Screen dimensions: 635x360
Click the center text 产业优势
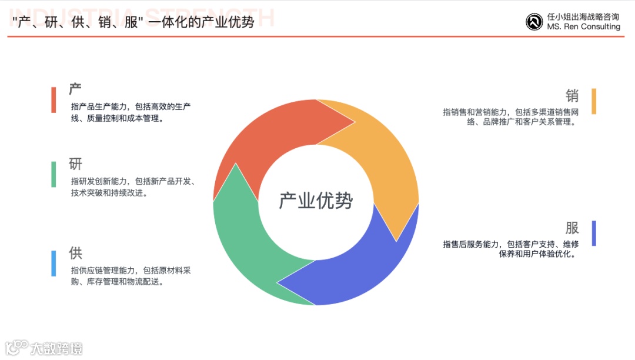316,201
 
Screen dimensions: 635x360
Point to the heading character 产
75,89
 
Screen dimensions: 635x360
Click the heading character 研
75,164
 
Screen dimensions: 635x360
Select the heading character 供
75,254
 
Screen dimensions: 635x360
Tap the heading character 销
572,95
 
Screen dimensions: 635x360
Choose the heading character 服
572,228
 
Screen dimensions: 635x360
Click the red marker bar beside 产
54,100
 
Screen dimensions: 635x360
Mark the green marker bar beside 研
54,174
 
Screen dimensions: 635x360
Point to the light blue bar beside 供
54,264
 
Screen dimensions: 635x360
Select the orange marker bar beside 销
594,101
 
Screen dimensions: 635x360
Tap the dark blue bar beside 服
594,234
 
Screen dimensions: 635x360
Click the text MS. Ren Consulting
583,27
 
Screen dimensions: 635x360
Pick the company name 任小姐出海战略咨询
583,17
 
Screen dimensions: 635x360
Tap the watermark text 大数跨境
56,348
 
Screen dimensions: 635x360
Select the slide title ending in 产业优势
133,22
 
